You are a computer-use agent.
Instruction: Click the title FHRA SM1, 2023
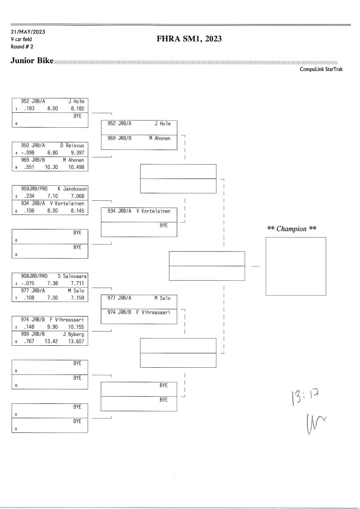tap(190, 39)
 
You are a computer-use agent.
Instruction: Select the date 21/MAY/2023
tap(28, 32)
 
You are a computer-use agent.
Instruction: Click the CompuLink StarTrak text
tap(321, 69)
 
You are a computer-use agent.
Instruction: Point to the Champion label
tap(292, 229)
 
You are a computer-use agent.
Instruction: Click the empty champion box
tap(295, 266)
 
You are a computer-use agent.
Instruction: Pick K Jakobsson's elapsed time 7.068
tap(78, 196)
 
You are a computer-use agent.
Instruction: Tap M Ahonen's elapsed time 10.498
tap(76, 167)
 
